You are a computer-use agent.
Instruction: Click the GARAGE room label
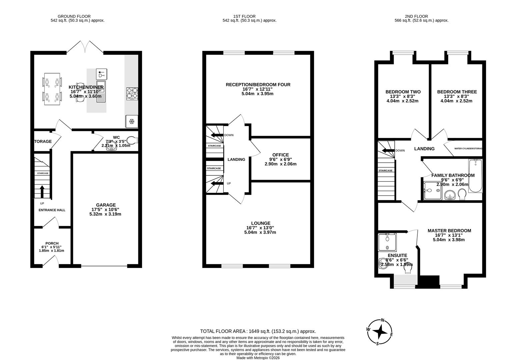click(x=106, y=205)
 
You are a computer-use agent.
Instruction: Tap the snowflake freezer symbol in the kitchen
click(x=132, y=121)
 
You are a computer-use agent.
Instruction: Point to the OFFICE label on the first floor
click(x=280, y=155)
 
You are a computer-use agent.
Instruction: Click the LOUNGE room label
click(x=260, y=223)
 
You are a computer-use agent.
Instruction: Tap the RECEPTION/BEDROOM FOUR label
click(x=258, y=85)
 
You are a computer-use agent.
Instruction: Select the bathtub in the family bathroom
click(x=475, y=176)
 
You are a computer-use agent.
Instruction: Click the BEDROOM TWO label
click(x=403, y=92)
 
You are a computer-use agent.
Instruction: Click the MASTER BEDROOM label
click(x=449, y=231)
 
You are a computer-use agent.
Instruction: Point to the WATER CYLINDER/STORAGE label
click(x=468, y=149)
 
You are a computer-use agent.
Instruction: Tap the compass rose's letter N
click(x=383, y=321)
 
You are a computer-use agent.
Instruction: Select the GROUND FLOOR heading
click(x=74, y=16)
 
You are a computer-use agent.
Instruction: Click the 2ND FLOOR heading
click(x=416, y=16)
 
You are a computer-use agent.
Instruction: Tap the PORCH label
click(x=52, y=243)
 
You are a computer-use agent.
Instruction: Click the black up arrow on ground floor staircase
click(x=42, y=191)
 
